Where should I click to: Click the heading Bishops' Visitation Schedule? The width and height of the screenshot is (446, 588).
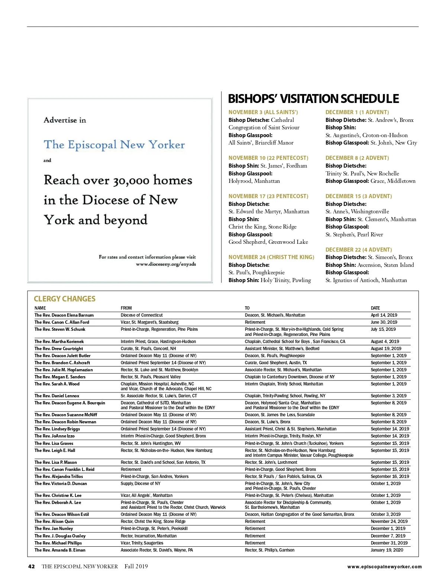pos(313,99)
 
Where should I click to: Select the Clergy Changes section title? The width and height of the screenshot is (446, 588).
pos(65,299)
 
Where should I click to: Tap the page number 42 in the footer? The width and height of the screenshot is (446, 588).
pos(32,566)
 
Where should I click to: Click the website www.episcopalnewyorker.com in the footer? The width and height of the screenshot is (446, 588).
pos(384,567)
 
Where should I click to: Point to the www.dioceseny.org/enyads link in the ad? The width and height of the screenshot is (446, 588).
pos(166,264)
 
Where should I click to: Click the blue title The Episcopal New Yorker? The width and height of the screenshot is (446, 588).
pos(114,145)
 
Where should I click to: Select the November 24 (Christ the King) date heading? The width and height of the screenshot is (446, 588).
pos(271,257)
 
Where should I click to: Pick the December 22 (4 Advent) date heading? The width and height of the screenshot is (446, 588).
pos(359,250)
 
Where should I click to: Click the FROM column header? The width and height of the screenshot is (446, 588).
pos(126,308)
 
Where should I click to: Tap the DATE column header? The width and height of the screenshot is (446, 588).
pos(375,308)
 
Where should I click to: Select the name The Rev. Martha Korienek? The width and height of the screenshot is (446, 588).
pos(59,342)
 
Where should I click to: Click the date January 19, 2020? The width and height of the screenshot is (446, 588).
pos(387,550)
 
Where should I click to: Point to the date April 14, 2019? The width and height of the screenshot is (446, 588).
pos(384,315)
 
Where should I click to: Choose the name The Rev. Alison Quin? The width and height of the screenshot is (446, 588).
pos(54,521)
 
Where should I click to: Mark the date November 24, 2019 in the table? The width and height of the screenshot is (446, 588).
pos(389,521)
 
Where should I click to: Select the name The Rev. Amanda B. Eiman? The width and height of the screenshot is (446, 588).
pos(60,550)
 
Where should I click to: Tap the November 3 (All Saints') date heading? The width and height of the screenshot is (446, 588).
pos(263,112)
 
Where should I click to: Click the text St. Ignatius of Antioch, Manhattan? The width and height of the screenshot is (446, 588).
pos(366,280)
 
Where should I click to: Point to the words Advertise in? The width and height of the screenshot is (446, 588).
pos(65,120)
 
